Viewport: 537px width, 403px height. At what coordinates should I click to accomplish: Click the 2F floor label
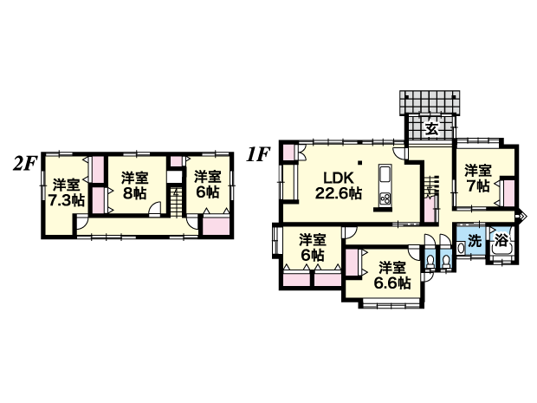(x=24, y=164)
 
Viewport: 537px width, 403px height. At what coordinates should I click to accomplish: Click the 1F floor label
(x=259, y=154)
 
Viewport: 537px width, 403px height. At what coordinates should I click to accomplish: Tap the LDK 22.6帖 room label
(x=339, y=185)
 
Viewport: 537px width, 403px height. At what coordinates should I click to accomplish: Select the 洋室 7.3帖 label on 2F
(x=67, y=192)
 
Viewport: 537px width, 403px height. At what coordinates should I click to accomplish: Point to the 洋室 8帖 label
(x=134, y=185)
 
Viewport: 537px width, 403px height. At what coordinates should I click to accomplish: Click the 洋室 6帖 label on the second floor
(x=207, y=185)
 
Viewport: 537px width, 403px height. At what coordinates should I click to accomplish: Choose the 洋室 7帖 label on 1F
(x=478, y=179)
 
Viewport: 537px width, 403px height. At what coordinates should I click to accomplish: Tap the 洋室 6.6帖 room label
(x=392, y=276)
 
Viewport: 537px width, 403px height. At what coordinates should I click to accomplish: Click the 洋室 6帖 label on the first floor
(x=313, y=247)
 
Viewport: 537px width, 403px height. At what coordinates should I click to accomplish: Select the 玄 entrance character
(x=431, y=129)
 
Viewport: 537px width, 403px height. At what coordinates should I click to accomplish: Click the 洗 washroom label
(x=475, y=241)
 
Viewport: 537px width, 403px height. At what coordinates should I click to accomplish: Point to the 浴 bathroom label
(x=501, y=241)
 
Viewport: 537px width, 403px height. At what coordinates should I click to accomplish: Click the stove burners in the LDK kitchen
(x=385, y=199)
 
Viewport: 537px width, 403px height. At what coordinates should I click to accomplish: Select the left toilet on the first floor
(x=429, y=262)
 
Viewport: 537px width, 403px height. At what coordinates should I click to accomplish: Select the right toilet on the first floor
(x=445, y=262)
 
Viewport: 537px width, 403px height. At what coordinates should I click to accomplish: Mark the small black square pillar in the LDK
(x=360, y=162)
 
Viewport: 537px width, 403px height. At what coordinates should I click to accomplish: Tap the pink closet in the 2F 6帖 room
(x=216, y=225)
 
